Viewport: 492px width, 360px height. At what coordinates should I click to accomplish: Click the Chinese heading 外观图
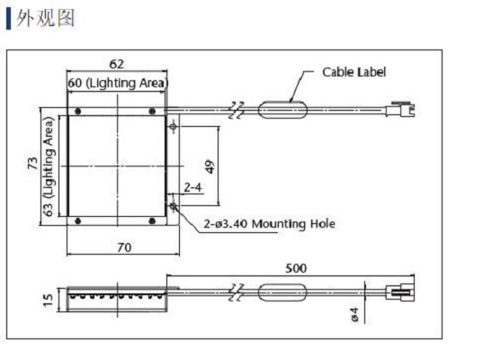click(46, 18)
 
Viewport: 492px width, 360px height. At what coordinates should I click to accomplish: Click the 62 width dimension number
click(116, 64)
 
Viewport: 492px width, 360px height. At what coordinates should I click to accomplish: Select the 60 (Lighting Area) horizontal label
click(119, 83)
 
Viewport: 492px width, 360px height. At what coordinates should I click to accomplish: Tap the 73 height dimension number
click(32, 163)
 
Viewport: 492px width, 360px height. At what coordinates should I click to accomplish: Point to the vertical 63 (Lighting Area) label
click(49, 166)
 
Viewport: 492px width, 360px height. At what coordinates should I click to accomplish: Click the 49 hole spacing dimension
click(210, 166)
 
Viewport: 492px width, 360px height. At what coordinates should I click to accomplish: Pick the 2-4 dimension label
click(192, 187)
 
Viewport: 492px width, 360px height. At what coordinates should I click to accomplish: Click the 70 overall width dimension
click(124, 247)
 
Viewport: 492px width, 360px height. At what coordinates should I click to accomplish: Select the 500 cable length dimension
click(296, 268)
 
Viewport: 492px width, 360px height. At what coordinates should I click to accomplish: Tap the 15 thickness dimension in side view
click(48, 300)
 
